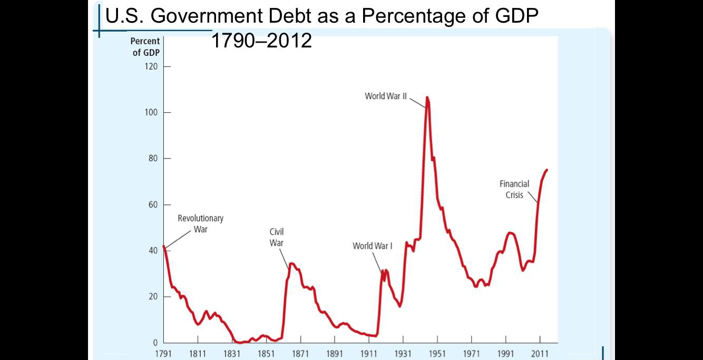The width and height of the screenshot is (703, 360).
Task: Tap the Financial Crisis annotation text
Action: point(514,189)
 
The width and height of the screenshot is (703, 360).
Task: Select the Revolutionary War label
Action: point(200,223)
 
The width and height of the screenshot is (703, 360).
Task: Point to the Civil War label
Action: point(277,237)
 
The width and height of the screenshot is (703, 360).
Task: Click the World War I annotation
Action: point(372,246)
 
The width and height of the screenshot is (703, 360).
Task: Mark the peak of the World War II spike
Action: point(427,97)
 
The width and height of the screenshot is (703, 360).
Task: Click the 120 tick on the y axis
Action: point(151,67)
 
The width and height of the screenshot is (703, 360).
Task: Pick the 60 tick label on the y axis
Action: point(153,205)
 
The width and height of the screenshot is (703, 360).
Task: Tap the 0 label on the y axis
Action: point(155,343)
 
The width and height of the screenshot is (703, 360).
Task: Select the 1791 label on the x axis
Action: point(163,353)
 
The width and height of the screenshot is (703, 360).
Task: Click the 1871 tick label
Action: point(300,353)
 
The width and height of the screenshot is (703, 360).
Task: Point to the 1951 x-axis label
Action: point(437,353)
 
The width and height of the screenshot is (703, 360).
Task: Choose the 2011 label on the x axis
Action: point(540,353)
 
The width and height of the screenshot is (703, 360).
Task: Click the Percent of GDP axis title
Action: point(146,47)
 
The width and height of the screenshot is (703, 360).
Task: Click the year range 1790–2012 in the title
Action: point(261,40)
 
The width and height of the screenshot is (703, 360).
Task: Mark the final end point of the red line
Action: point(547,170)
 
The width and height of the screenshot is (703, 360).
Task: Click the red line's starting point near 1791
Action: point(164,246)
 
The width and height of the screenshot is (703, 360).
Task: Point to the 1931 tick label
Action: point(403,353)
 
